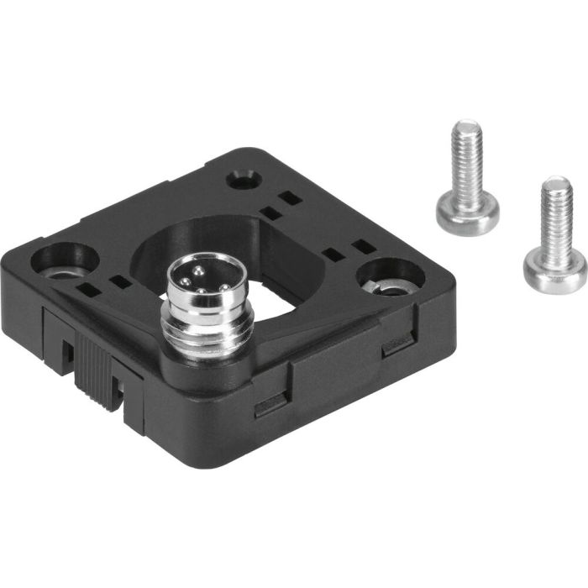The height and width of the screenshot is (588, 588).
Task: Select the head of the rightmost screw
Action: coord(554,266)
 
